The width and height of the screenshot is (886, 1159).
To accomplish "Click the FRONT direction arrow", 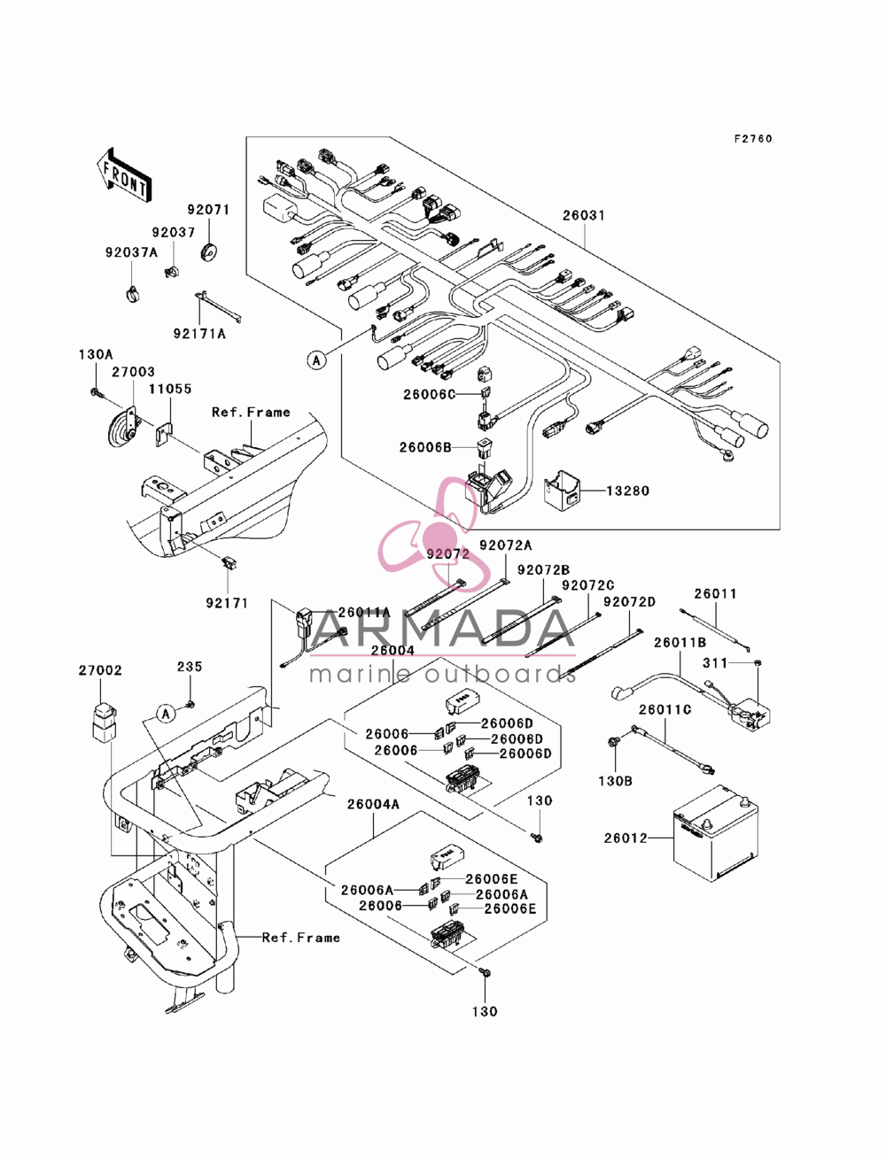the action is (x=124, y=174).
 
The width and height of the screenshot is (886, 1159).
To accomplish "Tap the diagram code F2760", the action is (x=752, y=139).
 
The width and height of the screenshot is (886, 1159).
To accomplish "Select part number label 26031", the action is (x=583, y=215).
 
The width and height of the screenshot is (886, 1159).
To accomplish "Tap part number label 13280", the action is (x=627, y=491).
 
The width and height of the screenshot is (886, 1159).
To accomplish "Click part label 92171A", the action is (x=199, y=334).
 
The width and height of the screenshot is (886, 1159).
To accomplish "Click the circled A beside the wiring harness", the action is (x=316, y=360).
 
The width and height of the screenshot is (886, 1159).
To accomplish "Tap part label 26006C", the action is (x=429, y=394).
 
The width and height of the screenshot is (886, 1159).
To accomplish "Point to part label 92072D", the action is (x=629, y=602).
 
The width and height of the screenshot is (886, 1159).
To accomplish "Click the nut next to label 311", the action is (x=758, y=662).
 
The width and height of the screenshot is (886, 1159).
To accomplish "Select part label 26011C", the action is (x=664, y=710).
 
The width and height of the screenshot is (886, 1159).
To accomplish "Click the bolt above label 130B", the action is (x=615, y=742).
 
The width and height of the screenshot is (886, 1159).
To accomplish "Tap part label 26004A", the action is (x=373, y=804).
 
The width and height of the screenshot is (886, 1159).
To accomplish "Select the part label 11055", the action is (x=169, y=389).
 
